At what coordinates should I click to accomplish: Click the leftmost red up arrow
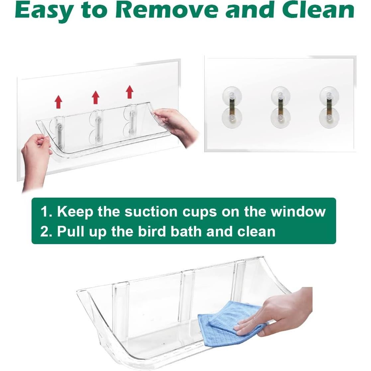click(59, 101)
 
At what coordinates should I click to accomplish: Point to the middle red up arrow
click(96, 97)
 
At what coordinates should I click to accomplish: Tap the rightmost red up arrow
click(130, 92)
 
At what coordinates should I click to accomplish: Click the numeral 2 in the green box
click(44, 232)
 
